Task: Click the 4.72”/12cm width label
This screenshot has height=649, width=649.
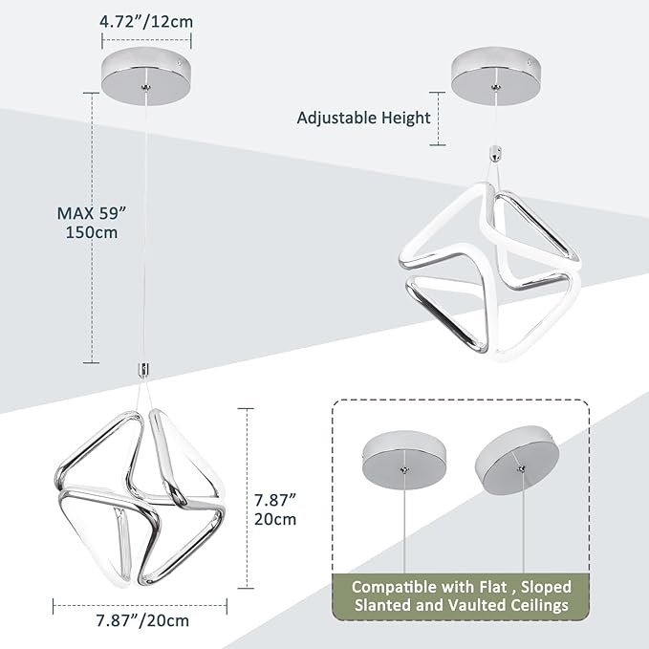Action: pos(146,22)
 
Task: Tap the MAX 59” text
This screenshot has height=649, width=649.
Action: pos(92,213)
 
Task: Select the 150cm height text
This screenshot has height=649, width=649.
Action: pos(92,232)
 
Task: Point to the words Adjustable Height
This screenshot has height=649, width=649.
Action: pos(364,118)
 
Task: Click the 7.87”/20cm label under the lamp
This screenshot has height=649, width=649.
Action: pos(142,620)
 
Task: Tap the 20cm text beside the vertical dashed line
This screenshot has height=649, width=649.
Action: pos(275,519)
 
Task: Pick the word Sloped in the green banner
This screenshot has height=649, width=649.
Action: pos(546,587)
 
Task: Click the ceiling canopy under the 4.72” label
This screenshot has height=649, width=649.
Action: pos(146,76)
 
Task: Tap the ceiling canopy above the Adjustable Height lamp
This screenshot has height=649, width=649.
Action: pos(496,76)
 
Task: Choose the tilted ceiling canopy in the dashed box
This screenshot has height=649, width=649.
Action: pos(517,458)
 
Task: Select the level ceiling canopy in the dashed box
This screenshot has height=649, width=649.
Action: pos(404,460)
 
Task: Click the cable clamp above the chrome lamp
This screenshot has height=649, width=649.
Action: pos(143,370)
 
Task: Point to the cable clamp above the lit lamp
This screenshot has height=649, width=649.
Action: pos(495,153)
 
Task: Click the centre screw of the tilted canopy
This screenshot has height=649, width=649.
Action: pos(521,468)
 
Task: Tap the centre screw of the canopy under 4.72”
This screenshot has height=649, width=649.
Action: pos(146,87)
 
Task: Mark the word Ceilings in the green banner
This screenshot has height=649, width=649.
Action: pos(540,605)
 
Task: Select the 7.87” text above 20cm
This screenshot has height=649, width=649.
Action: pos(275,500)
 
